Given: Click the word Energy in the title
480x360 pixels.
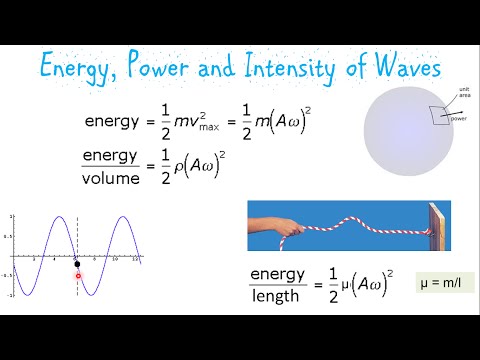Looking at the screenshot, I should click(80, 68).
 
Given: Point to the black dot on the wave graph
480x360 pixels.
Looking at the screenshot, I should click(77, 264).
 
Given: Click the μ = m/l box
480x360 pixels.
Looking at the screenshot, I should click(445, 281).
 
